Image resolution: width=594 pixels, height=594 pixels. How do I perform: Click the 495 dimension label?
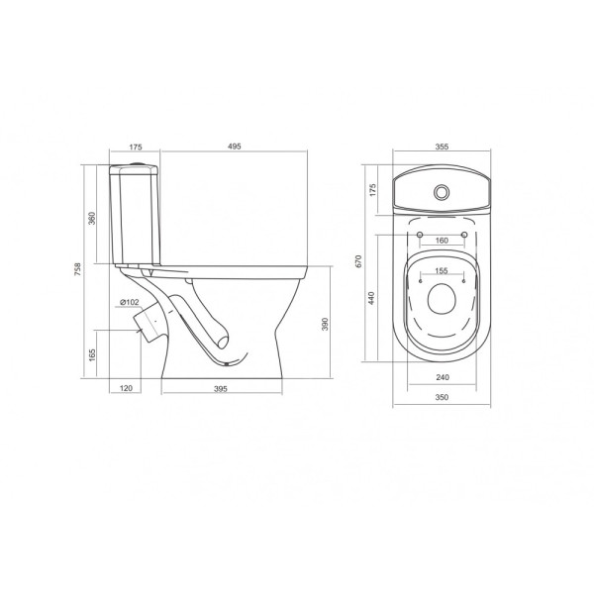point(235,147)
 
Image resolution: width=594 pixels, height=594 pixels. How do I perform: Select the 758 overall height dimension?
point(77,269)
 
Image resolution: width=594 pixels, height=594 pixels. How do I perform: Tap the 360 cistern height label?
point(92,218)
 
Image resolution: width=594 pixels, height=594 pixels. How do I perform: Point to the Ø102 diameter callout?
point(129,302)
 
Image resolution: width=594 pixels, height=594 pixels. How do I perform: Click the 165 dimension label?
point(92,355)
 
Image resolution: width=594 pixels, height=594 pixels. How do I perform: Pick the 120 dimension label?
point(126,388)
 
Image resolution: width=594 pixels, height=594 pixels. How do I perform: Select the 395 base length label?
point(221,389)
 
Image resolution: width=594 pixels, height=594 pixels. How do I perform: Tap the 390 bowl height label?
point(325,325)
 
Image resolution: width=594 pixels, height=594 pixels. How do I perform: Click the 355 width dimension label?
point(442,147)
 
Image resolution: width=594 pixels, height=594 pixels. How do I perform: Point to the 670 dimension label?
point(358,261)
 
